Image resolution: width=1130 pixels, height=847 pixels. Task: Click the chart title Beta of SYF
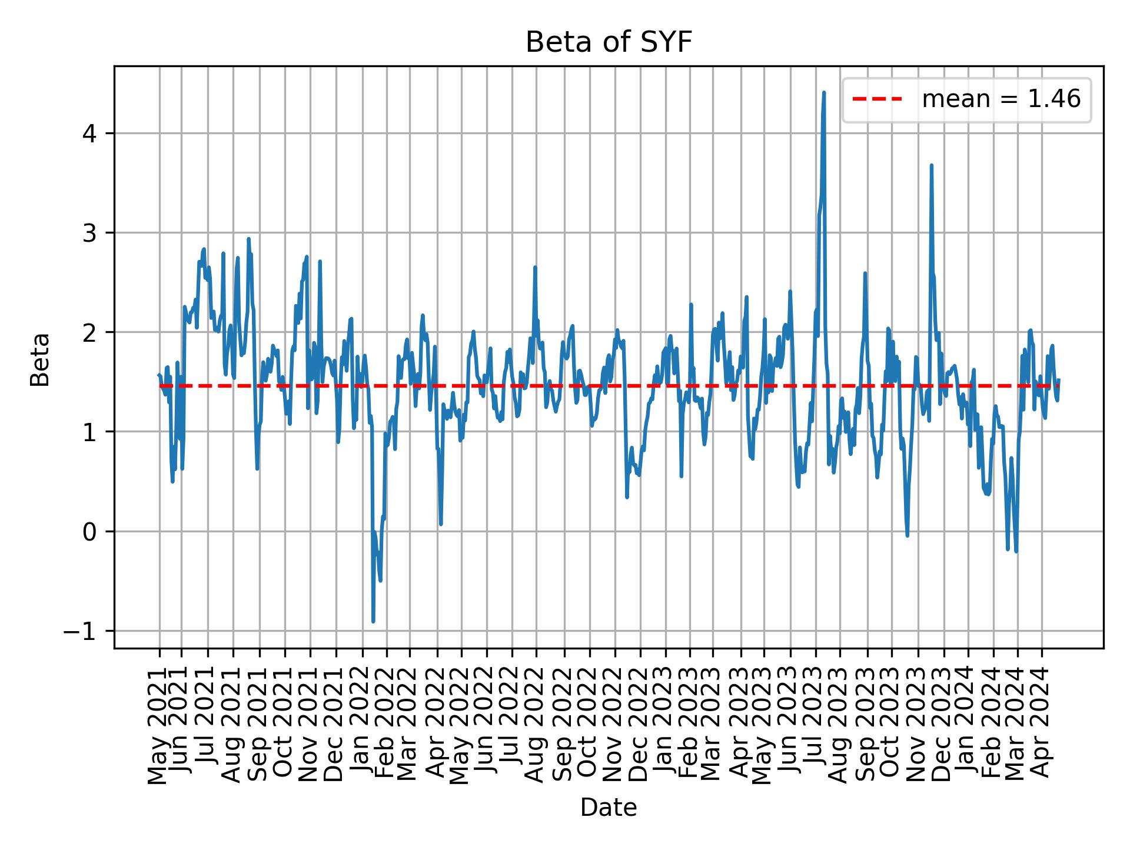pos(608,42)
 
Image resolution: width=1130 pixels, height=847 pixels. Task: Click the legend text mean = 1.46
pos(1001,99)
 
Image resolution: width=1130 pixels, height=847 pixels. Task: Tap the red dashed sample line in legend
pos(877,99)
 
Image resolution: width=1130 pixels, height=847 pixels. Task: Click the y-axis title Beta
pos(40,359)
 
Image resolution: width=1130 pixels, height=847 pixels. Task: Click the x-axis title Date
pos(608,808)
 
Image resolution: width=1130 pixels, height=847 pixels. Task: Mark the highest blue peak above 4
pos(824,93)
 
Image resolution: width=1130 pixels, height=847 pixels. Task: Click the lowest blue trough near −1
pos(373,621)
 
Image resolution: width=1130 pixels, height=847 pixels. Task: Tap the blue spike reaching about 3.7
pos(931,166)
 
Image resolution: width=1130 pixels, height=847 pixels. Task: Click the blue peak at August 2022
pos(535,268)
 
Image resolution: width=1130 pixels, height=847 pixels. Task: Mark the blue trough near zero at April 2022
pos(441,523)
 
